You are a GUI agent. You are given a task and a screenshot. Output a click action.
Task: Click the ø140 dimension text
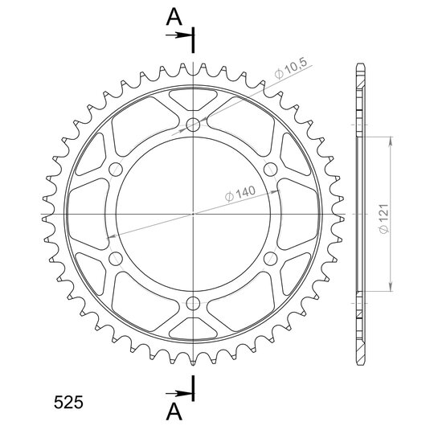point(240,194)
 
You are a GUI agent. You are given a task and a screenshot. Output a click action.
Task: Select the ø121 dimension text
point(384,219)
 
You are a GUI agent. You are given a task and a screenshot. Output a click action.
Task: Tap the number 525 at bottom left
point(68,402)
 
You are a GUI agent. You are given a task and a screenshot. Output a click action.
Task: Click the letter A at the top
point(174,17)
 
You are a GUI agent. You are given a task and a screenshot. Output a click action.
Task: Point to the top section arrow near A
point(179,35)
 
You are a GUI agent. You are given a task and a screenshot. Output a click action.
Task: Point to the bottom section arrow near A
point(179,393)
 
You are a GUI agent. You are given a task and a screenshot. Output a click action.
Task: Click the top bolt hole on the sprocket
point(193,125)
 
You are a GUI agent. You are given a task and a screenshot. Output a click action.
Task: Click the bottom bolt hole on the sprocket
point(193,304)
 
